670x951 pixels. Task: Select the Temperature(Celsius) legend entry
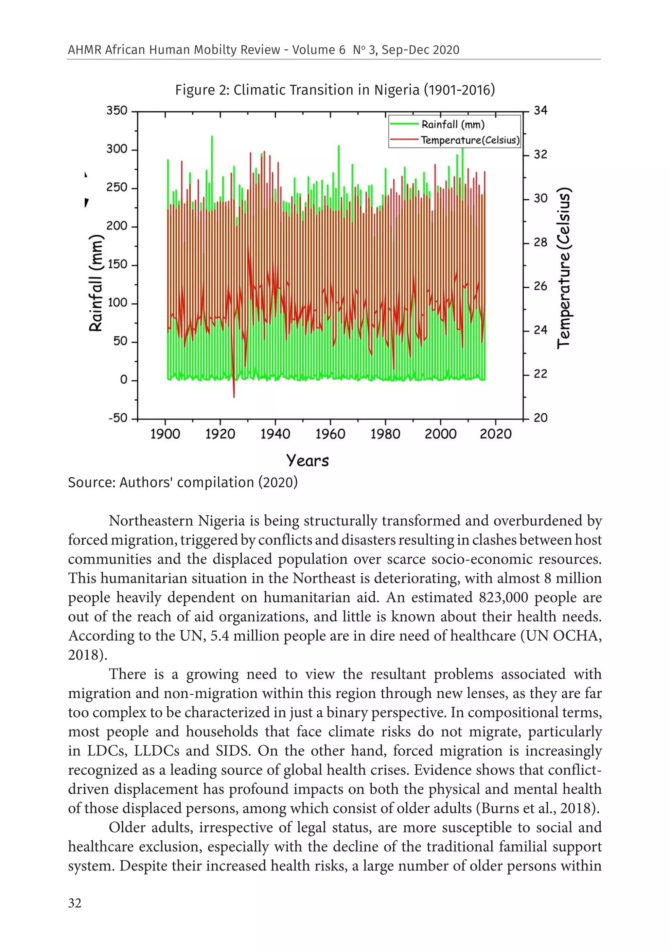469,140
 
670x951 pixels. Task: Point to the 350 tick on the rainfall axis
117,111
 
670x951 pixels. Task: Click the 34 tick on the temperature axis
540,111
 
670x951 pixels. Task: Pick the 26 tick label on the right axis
540,286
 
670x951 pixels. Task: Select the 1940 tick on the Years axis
275,434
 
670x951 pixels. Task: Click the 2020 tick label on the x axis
495,434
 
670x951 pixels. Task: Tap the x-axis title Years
307,460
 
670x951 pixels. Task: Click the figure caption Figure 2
335,90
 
